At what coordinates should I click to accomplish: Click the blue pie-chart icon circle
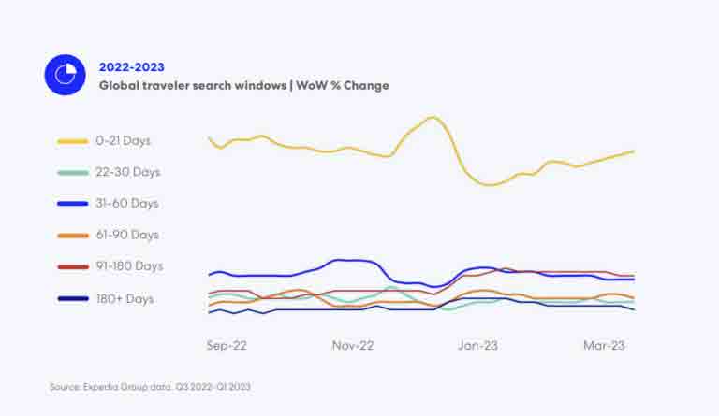point(65,75)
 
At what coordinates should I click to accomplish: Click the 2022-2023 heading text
point(131,66)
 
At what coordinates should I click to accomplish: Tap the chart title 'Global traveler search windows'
point(193,85)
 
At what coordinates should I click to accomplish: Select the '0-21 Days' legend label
point(123,140)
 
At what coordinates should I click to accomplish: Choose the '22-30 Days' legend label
point(127,172)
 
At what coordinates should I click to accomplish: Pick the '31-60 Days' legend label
point(126,203)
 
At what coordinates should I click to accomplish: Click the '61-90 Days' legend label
point(126,235)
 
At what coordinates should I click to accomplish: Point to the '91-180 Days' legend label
point(129,266)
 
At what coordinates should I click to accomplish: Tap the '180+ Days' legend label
point(125,299)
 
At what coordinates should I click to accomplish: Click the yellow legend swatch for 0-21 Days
point(72,141)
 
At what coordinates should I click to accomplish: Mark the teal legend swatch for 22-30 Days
point(72,173)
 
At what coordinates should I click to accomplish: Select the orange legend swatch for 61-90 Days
point(72,236)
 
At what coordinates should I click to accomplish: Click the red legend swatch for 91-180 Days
point(72,267)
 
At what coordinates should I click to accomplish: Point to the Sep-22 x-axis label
point(227,345)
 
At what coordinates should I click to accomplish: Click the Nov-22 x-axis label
point(353,345)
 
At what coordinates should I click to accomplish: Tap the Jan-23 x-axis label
point(477,345)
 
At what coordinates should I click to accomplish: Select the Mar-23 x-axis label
point(603,345)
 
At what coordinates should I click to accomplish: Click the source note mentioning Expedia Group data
point(151,386)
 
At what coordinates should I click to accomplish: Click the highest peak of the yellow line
point(432,118)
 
